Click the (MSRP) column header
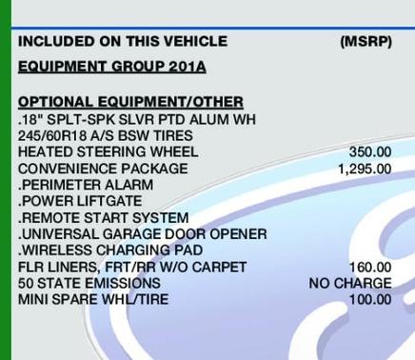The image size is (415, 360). click(366, 42)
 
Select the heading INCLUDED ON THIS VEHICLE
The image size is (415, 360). click(123, 42)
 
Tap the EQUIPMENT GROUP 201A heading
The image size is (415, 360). click(111, 67)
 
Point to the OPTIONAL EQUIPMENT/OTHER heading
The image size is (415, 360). click(130, 102)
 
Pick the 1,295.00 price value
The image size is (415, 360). click(364, 169)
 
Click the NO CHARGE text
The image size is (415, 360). click(349, 283)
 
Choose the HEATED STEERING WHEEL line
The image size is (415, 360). click(101, 151)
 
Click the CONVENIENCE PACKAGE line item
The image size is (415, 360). click(103, 169)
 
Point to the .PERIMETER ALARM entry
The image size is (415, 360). click(78, 185)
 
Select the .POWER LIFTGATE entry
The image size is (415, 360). click(80, 201)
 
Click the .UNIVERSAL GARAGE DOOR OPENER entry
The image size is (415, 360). click(142, 234)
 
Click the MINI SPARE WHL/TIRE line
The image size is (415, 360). click(91, 299)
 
